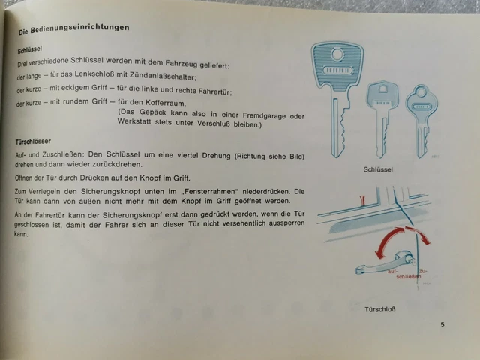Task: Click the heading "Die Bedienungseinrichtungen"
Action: click(73, 29)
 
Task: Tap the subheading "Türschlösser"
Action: click(33, 142)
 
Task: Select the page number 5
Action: click(442, 325)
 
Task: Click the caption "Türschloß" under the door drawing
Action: click(380, 309)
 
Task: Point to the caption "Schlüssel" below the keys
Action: click(378, 169)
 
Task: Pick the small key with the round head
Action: click(421, 121)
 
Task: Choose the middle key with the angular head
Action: click(382, 118)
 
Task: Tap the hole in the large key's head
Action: click(337, 55)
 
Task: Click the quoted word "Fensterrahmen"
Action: click(209, 192)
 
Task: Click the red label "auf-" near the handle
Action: click(393, 271)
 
